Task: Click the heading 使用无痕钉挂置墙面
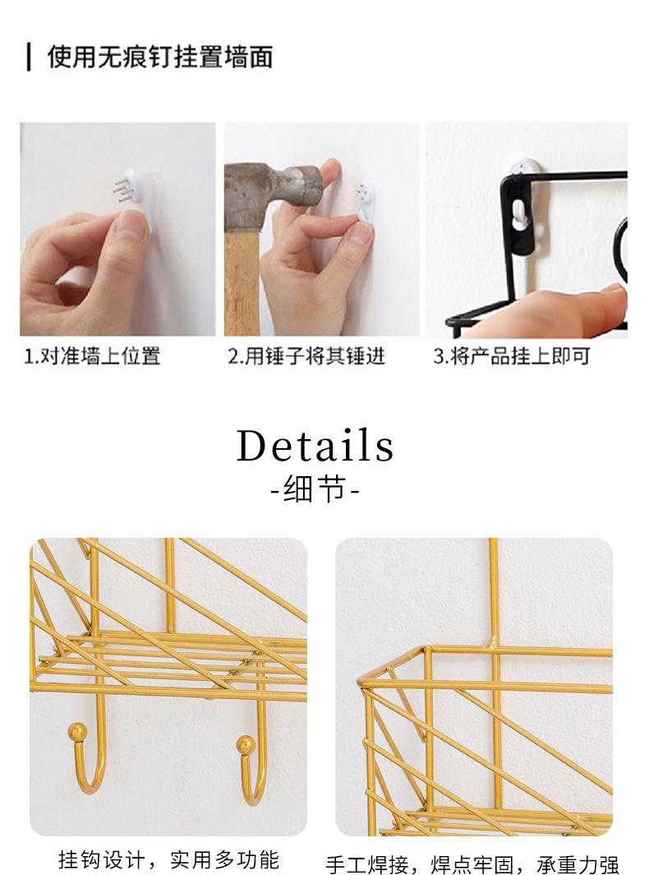pos(160,57)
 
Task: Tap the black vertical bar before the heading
pos(29,58)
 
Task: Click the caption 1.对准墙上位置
pos(92,355)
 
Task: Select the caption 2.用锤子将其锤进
pos(306,355)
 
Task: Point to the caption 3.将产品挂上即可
pos(511,355)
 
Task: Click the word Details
pos(315,446)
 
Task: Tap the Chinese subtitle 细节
pos(315,488)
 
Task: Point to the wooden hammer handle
pos(242,279)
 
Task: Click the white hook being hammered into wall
pos(366,197)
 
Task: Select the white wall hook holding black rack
pos(524,169)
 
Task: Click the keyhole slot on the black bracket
pos(520,215)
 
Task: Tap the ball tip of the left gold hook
pos(77,731)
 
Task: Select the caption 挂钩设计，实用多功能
pos(168,859)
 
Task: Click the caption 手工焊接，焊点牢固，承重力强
pos(472,863)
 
